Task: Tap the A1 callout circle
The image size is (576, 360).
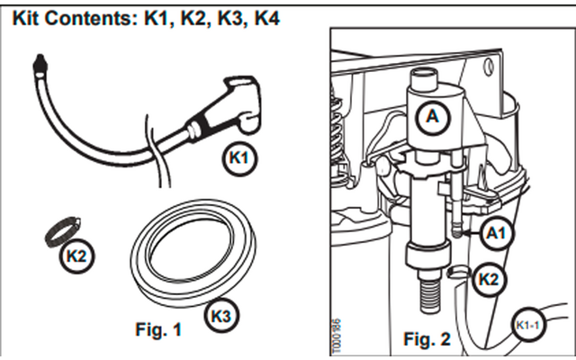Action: pyautogui.click(x=496, y=233)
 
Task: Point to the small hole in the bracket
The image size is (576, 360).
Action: pyautogui.click(x=490, y=64)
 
